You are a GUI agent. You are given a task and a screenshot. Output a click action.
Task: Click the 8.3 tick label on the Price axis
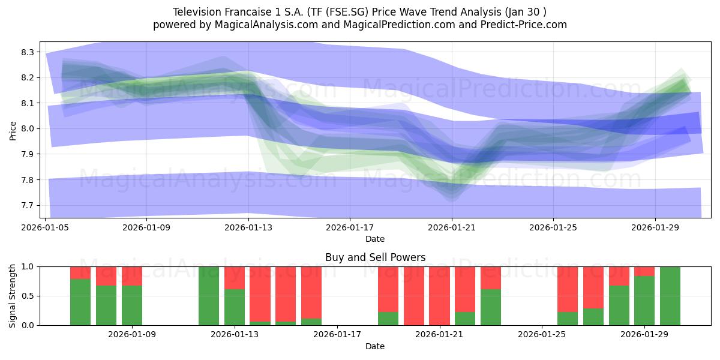point(28,52)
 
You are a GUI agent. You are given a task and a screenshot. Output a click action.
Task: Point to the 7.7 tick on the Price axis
point(28,205)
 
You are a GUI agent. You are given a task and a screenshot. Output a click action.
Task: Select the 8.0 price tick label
point(28,129)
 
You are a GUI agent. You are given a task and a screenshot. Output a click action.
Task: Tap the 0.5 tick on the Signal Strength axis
point(28,296)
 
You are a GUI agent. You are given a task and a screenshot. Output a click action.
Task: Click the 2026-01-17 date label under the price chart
point(350,227)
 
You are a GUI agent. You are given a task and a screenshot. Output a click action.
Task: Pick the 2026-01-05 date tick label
point(45,227)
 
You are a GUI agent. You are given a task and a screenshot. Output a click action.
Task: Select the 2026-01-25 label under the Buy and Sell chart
point(542,334)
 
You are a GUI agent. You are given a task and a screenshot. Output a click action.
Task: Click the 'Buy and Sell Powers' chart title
point(375,257)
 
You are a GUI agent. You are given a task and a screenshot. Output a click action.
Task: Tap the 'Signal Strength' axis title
point(12,296)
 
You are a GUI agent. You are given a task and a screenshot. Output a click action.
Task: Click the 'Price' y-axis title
point(13,131)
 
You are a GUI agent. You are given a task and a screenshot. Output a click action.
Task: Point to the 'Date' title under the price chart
point(375,239)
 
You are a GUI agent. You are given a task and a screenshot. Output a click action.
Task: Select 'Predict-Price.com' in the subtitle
point(524,25)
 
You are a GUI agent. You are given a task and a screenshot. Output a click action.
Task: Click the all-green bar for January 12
point(209,296)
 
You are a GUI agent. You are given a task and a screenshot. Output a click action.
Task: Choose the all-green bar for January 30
point(670,296)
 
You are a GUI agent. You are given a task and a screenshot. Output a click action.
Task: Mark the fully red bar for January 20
point(413,296)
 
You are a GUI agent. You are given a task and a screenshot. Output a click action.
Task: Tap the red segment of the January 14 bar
point(260,294)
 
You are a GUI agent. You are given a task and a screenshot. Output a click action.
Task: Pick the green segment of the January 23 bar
point(491,307)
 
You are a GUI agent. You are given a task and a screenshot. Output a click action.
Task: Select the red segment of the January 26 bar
point(568,289)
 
